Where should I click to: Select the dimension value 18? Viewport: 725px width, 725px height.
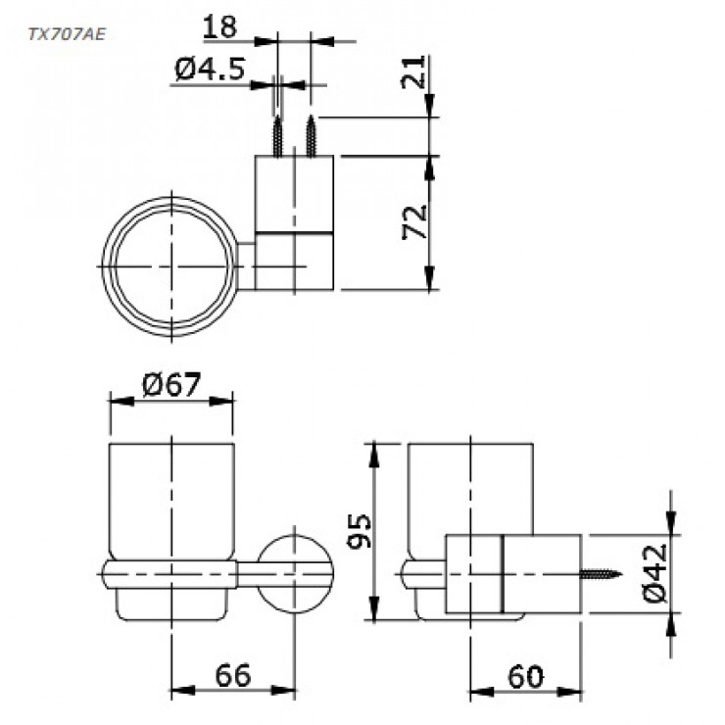point(221,26)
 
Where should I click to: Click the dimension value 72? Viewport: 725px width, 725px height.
point(414,222)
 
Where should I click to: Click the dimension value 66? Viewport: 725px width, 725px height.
point(232,675)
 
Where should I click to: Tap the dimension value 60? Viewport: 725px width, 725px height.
point(527,675)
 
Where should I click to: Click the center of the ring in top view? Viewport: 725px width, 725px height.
point(171,266)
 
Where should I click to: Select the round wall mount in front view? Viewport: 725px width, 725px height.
point(295,572)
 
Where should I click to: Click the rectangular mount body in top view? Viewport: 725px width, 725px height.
point(295,222)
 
